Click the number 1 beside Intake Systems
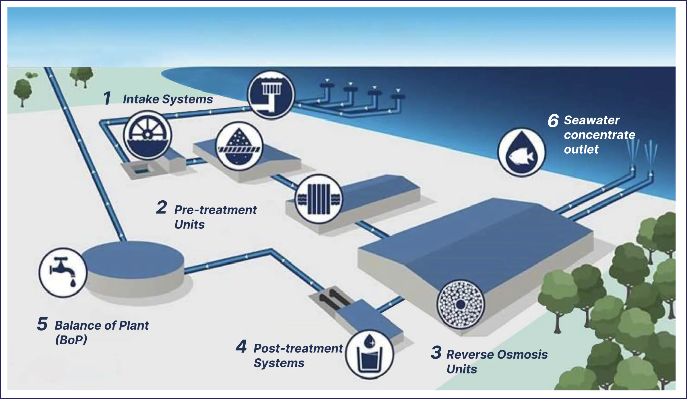(x=107, y=98)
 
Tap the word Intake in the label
(x=141, y=99)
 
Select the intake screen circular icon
(x=271, y=95)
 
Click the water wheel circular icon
(x=148, y=135)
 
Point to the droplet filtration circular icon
(x=239, y=146)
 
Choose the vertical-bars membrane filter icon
(x=319, y=199)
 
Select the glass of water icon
(x=369, y=355)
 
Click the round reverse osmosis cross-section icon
(x=460, y=304)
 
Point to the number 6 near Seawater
(x=553, y=121)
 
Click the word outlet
(x=581, y=149)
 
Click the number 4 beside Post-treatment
(x=241, y=346)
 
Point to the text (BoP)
(x=71, y=340)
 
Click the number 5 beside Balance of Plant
(x=42, y=324)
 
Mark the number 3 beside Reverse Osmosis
(x=436, y=352)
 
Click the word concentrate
(x=599, y=135)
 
